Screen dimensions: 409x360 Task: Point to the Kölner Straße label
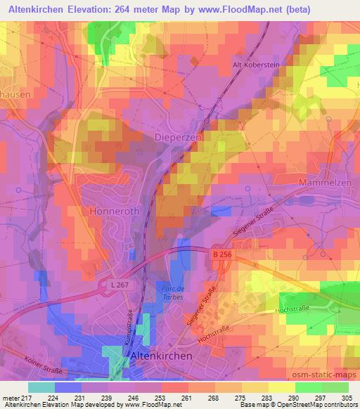point(44,370)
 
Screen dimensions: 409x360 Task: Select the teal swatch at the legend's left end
point(41,387)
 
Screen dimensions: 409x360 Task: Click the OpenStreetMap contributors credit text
point(319,405)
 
